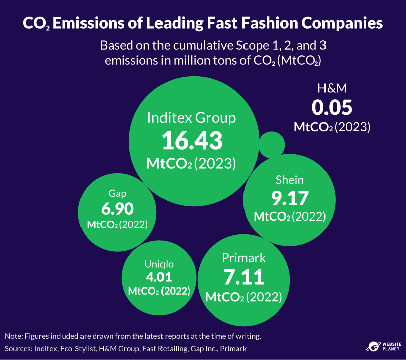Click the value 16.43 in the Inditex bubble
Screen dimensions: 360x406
pyautogui.click(x=191, y=141)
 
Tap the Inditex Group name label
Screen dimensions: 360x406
pyautogui.click(x=191, y=118)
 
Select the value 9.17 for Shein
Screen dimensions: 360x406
pyautogui.click(x=289, y=198)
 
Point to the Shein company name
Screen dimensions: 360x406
pyautogui.click(x=289, y=180)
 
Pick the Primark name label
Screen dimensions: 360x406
pyautogui.click(x=243, y=258)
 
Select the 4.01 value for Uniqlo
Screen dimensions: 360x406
pyautogui.click(x=158, y=277)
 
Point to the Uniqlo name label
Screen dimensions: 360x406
pyautogui.click(x=158, y=264)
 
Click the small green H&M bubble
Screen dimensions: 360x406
pyautogui.click(x=271, y=144)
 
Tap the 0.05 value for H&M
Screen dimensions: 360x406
pyautogui.click(x=332, y=108)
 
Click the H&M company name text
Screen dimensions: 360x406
pyautogui.click(x=332, y=89)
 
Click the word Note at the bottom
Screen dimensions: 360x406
pyautogui.click(x=14, y=336)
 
